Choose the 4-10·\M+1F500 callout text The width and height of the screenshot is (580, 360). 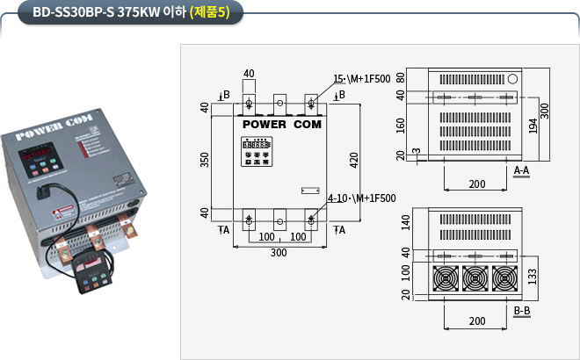[361, 198]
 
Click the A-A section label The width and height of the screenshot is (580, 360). [521, 169]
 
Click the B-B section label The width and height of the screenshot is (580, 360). [521, 311]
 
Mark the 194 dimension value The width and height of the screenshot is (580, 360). [533, 126]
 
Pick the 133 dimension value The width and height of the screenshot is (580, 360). [533, 276]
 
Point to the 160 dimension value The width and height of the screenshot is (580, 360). [401, 126]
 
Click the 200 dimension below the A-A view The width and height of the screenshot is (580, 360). [475, 184]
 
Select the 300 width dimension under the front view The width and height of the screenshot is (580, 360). [279, 253]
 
